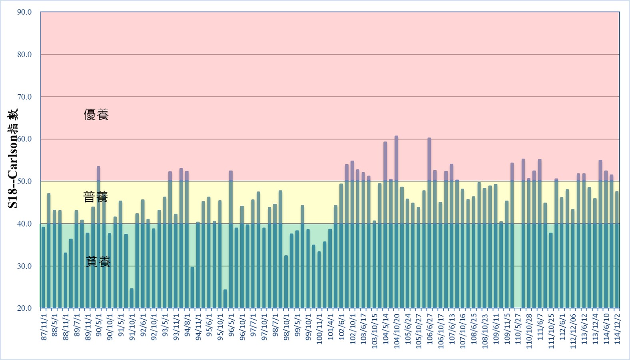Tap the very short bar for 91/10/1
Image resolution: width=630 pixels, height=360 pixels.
tap(132, 298)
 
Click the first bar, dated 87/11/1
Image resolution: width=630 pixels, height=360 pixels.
tap(43, 268)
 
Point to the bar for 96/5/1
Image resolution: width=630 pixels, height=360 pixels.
tap(231, 240)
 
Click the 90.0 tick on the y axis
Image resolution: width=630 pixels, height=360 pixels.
tap(24, 12)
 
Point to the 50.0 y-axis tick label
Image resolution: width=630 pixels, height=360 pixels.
tap(24, 181)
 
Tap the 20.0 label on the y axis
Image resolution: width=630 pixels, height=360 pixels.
tap(24, 308)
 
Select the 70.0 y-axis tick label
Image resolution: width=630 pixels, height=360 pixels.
tap(24, 97)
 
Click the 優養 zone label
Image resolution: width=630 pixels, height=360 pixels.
tap(96, 115)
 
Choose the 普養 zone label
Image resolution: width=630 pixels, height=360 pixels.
tap(96, 197)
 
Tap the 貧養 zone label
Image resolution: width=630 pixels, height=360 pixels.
tap(98, 262)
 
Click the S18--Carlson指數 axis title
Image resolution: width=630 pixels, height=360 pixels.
tap(13, 159)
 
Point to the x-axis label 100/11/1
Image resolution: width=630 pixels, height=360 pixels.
tap(319, 332)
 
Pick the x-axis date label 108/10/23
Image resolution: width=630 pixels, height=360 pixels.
tap(484, 332)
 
